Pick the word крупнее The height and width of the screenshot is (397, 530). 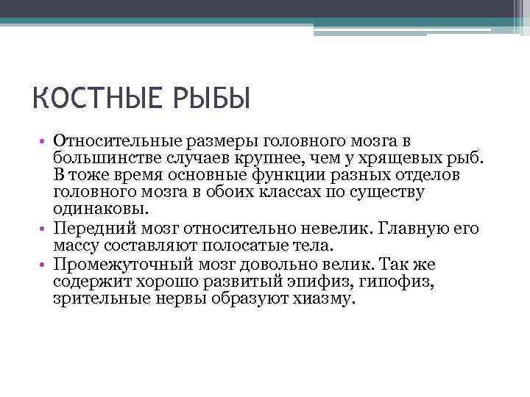click(x=260, y=157)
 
